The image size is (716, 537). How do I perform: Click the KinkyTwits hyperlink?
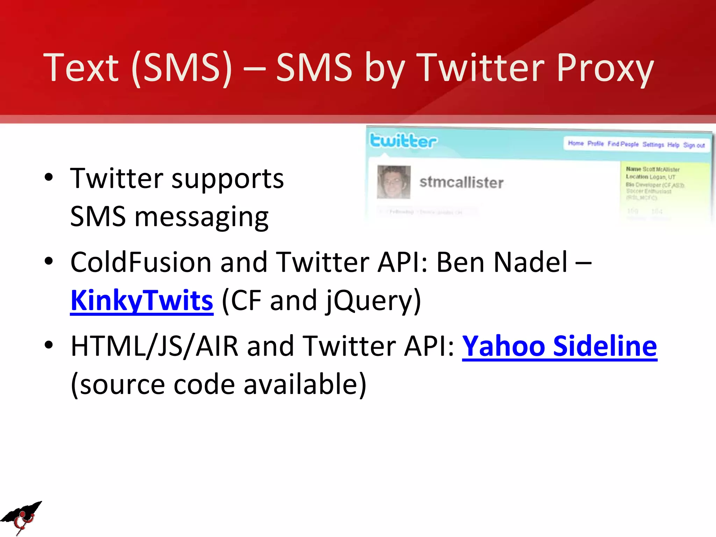click(x=142, y=301)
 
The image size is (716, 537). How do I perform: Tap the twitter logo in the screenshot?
click(x=403, y=141)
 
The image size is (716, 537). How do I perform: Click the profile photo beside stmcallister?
click(x=394, y=182)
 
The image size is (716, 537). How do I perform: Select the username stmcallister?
click(x=461, y=182)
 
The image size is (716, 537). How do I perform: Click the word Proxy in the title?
click(x=605, y=68)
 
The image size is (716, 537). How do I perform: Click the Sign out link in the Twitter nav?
click(x=694, y=145)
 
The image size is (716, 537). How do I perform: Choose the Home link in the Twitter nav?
click(x=576, y=143)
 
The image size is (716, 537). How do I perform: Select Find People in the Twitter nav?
click(x=623, y=144)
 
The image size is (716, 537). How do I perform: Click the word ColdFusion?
click(x=141, y=262)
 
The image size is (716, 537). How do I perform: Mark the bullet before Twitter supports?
click(x=49, y=177)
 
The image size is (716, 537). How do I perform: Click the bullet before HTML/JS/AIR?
click(x=49, y=345)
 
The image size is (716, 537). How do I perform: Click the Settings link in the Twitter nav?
click(x=653, y=144)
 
